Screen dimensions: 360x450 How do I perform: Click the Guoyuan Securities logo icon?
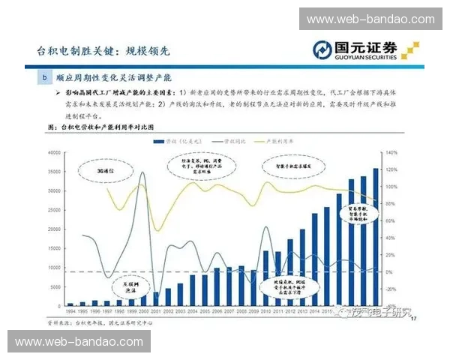[x=325, y=50]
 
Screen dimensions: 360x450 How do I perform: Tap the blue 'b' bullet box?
[x=46, y=77]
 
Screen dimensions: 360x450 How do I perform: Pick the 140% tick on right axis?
[x=391, y=152]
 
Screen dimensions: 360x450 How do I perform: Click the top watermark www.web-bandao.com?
[x=369, y=19]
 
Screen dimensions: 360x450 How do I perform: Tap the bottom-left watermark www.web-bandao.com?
[x=81, y=342]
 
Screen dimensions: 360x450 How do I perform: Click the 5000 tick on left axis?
[x=54, y=286]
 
